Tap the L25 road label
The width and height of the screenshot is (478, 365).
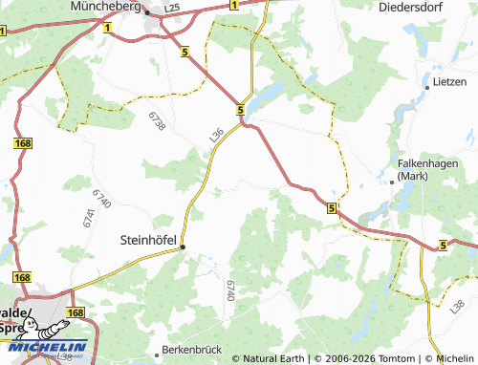click(x=172, y=8)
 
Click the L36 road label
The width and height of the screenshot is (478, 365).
click(x=216, y=136)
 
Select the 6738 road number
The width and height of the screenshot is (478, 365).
click(x=157, y=121)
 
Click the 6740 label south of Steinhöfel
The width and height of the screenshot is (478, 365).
click(x=230, y=291)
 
